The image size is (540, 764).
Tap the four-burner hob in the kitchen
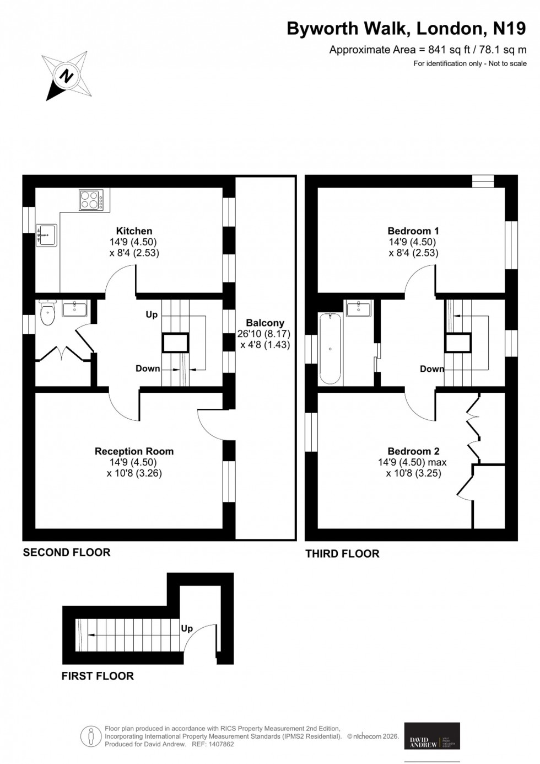pos(91,200)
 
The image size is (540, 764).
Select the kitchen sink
pos(46,235)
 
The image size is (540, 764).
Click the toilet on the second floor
pos(48,314)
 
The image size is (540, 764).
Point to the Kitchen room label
pos(134,231)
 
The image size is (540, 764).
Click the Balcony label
pos(265,323)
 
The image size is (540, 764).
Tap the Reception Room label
pos(134,451)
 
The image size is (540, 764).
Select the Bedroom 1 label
pos(413,231)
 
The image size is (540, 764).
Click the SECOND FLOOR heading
pos(67,552)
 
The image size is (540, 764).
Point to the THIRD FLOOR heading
pos(342,553)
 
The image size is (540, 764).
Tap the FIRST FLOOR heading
pos(98,676)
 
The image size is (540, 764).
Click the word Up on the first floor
pos(187,628)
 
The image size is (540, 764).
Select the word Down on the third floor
pos(432,369)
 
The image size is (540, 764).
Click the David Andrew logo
pos(432,736)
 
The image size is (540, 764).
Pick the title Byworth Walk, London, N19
pos(406,29)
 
